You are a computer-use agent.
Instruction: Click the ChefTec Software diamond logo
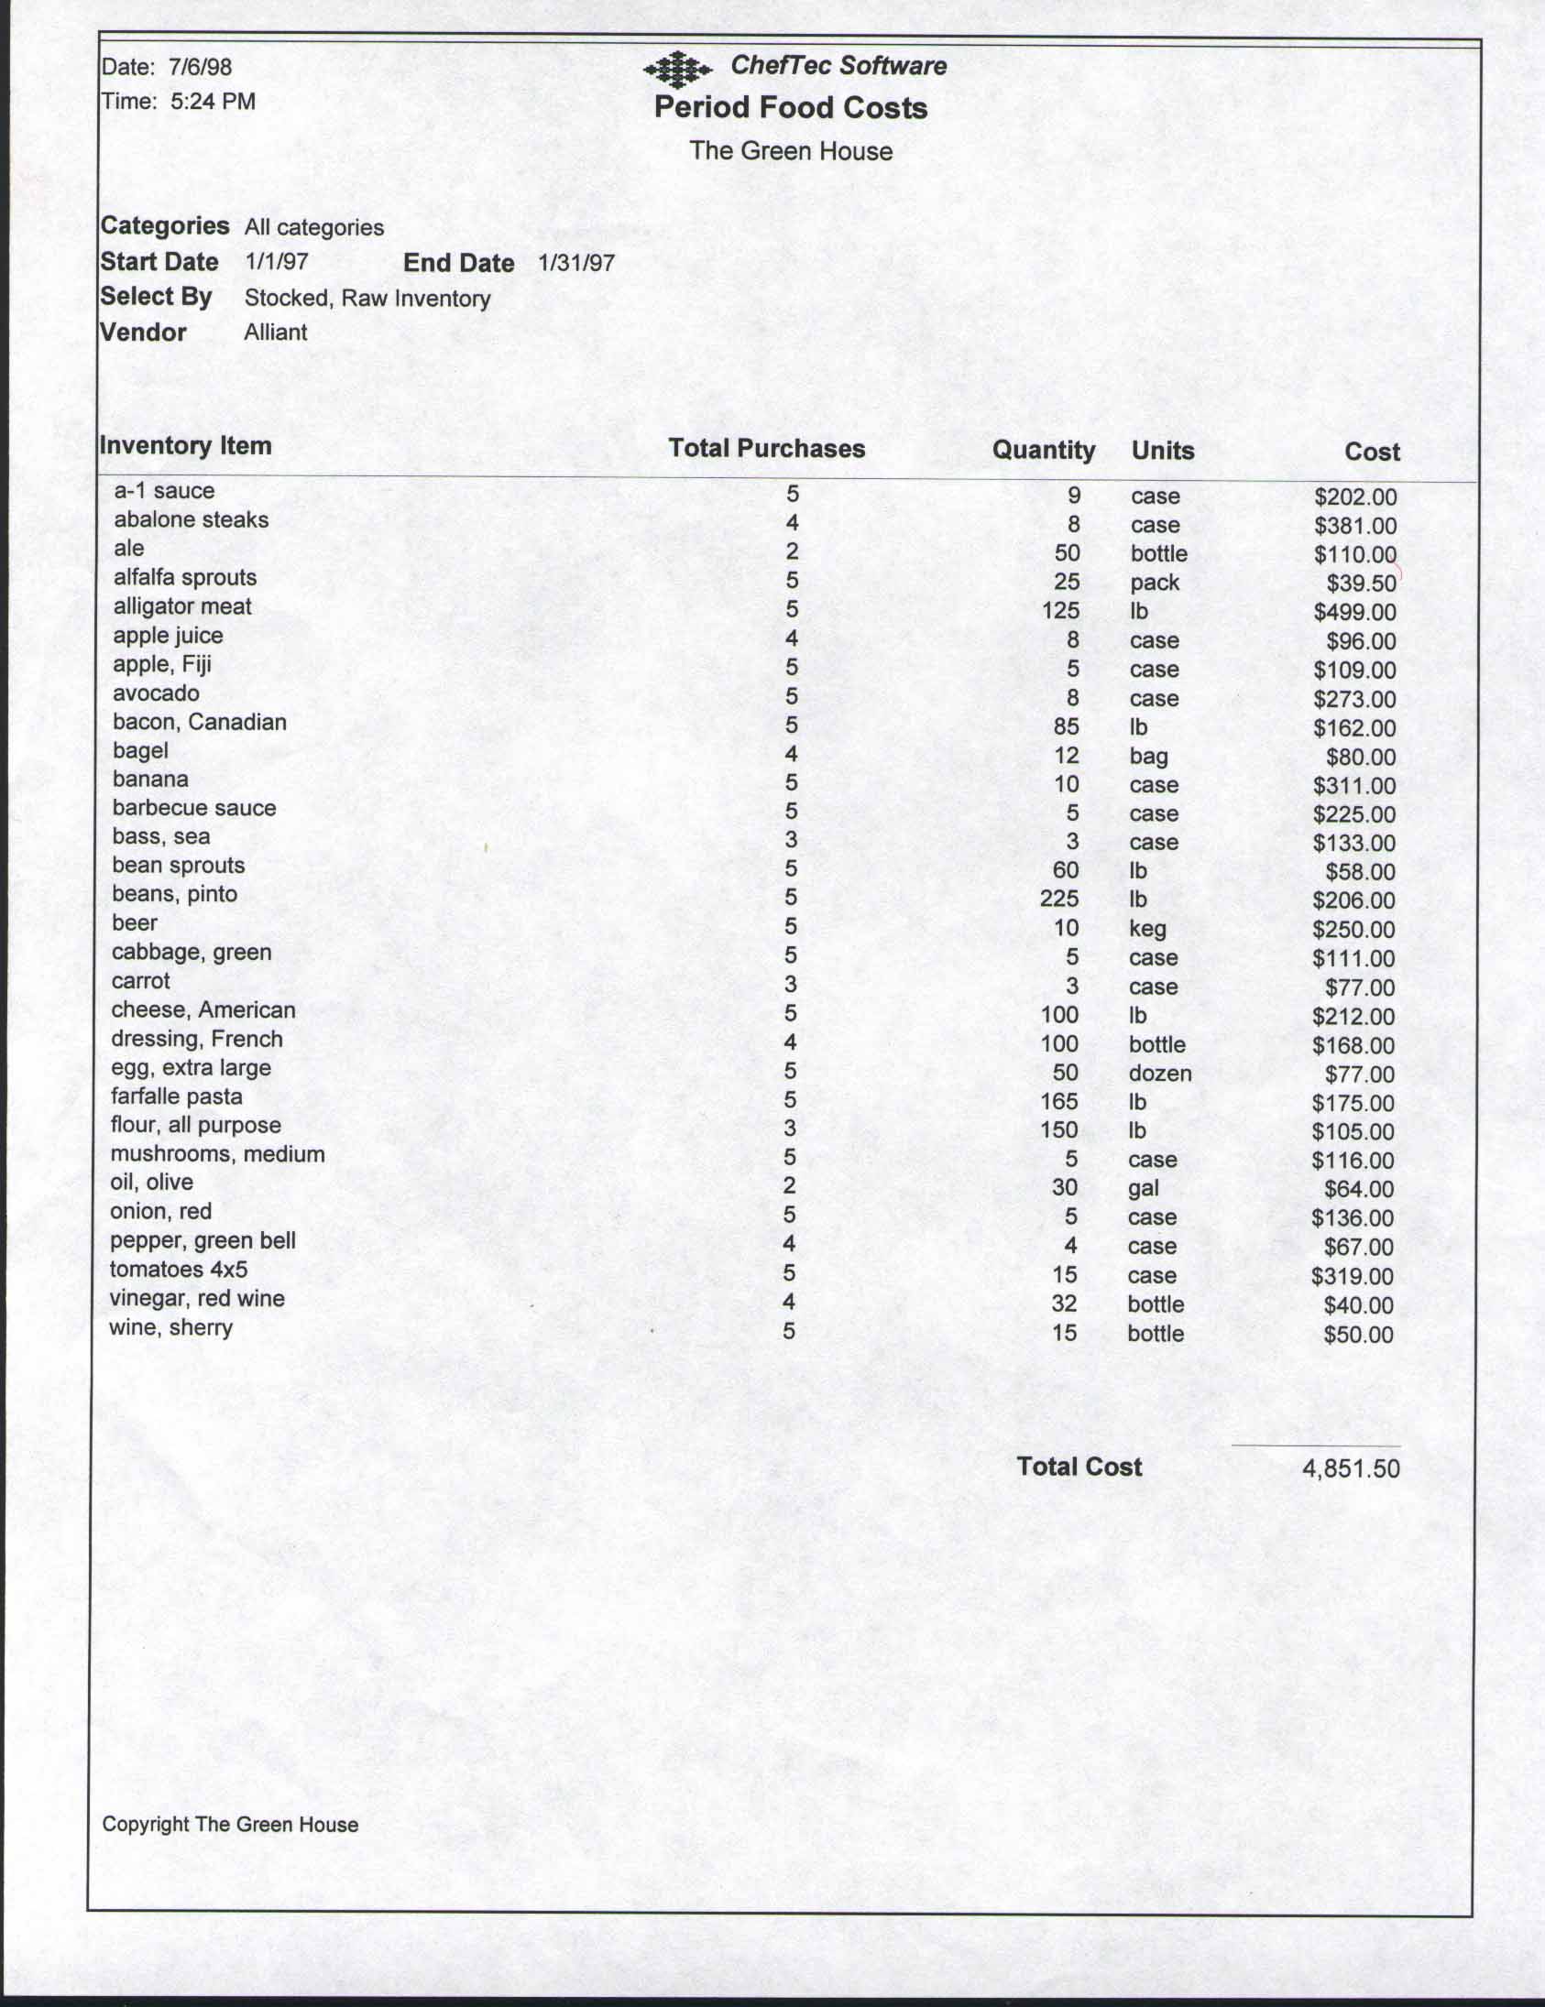coord(677,70)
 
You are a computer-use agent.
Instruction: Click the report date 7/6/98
coord(201,67)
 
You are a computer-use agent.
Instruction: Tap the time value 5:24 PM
coord(213,102)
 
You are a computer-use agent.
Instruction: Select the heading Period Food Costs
coord(791,108)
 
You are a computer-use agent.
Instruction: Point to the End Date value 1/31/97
coord(575,263)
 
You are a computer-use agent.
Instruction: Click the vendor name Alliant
coord(275,333)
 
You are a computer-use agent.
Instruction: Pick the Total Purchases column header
coord(765,449)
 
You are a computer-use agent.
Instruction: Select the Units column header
coord(1162,451)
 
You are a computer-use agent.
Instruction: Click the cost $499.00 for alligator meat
coord(1353,612)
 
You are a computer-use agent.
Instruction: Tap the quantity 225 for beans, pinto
coord(1058,899)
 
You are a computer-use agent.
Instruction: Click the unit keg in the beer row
coord(1147,928)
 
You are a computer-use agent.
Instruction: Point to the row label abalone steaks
coord(192,520)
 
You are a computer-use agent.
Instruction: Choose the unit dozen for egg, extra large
coord(1159,1074)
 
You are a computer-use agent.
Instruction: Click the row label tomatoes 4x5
coord(179,1270)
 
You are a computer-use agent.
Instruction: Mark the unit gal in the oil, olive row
coord(1143,1188)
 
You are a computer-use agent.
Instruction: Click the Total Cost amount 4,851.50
coord(1350,1468)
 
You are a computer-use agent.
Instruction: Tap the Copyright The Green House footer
coord(230,1824)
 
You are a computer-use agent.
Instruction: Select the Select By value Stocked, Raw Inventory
coord(367,299)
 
